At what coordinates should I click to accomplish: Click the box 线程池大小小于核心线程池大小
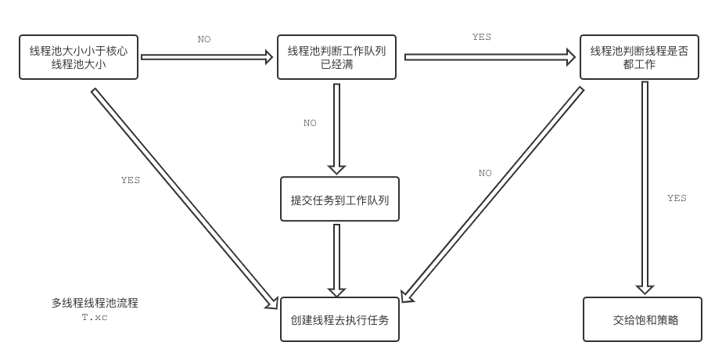pyautogui.click(x=78, y=57)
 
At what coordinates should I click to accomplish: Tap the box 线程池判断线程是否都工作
pyautogui.click(x=640, y=57)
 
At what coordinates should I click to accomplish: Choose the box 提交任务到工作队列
pyautogui.click(x=339, y=200)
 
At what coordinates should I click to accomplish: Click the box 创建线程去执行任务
pyautogui.click(x=339, y=319)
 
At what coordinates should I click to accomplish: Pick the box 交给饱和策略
pyautogui.click(x=642, y=319)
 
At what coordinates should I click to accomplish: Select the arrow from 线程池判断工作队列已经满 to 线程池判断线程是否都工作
pyautogui.click(x=489, y=57)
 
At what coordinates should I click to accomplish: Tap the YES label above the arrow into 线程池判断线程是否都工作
pyautogui.click(x=482, y=37)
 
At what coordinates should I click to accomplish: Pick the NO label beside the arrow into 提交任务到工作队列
pyautogui.click(x=311, y=123)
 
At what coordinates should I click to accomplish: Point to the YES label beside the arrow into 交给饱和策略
pyautogui.click(x=677, y=198)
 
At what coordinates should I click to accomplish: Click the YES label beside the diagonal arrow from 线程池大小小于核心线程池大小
pyautogui.click(x=131, y=180)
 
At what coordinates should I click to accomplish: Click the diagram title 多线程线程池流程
pyautogui.click(x=95, y=303)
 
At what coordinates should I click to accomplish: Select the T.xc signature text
pyautogui.click(x=95, y=317)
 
